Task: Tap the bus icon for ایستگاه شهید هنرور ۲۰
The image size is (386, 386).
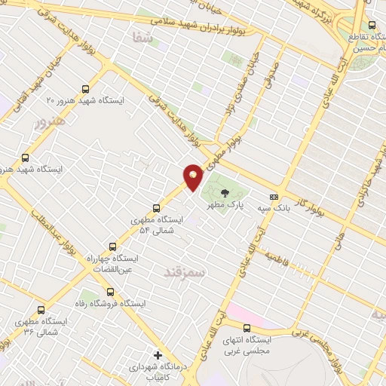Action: (84, 88)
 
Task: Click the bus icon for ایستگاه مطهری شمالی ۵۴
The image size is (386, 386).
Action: (157, 207)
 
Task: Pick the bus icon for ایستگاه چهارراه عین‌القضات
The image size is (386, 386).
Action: (113, 246)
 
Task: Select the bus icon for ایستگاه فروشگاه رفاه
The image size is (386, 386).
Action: (110, 292)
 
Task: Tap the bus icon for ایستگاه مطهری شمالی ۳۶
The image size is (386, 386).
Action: (40, 309)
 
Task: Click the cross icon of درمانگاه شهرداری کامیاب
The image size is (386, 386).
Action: (157, 354)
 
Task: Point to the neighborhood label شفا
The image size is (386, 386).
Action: (141, 36)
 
